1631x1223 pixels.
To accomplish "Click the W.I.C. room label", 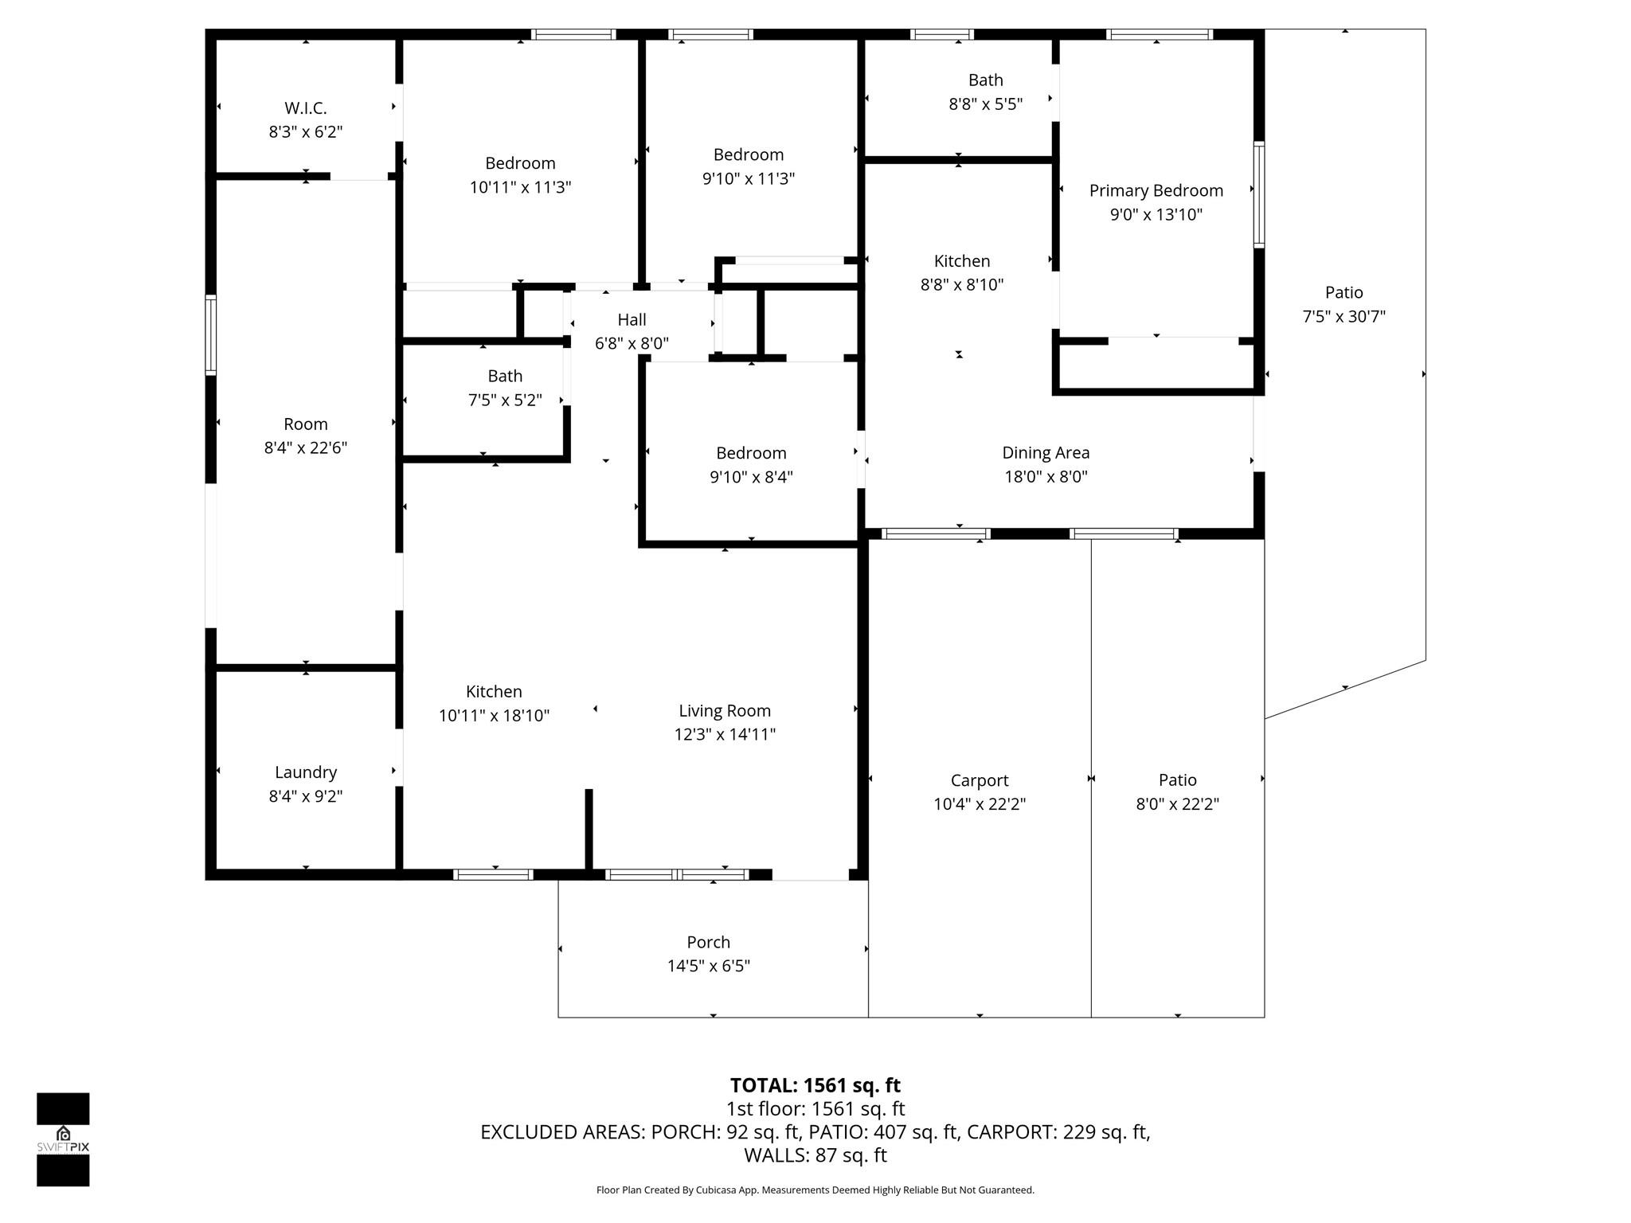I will (306, 108).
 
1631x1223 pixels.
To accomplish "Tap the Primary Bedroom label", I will (1156, 190).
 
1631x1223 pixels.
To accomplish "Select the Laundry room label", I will (306, 772).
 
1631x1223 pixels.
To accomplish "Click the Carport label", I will (979, 780).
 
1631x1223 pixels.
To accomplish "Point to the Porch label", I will (708, 942).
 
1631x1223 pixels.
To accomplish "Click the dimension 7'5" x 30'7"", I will (1344, 316).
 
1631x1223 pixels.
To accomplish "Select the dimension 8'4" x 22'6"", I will (306, 447).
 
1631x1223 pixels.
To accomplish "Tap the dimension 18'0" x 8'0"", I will (1046, 476).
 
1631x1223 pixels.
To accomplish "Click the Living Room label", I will (725, 710).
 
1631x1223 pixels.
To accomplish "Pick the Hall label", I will (632, 319).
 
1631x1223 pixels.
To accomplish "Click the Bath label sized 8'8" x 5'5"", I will (985, 80).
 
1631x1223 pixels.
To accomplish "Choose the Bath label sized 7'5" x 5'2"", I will (505, 376).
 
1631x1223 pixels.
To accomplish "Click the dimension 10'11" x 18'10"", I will (494, 715).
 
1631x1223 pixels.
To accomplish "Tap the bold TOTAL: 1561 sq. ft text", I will (815, 1085).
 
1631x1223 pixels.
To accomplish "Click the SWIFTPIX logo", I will (63, 1139).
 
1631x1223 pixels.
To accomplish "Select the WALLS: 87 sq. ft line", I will (815, 1155).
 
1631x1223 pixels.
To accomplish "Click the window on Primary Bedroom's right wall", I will (1259, 194).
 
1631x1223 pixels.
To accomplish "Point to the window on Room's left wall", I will (211, 334).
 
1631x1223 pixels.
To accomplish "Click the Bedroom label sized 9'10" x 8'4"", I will (751, 453).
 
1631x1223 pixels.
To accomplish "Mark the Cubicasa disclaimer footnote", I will (815, 1190).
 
